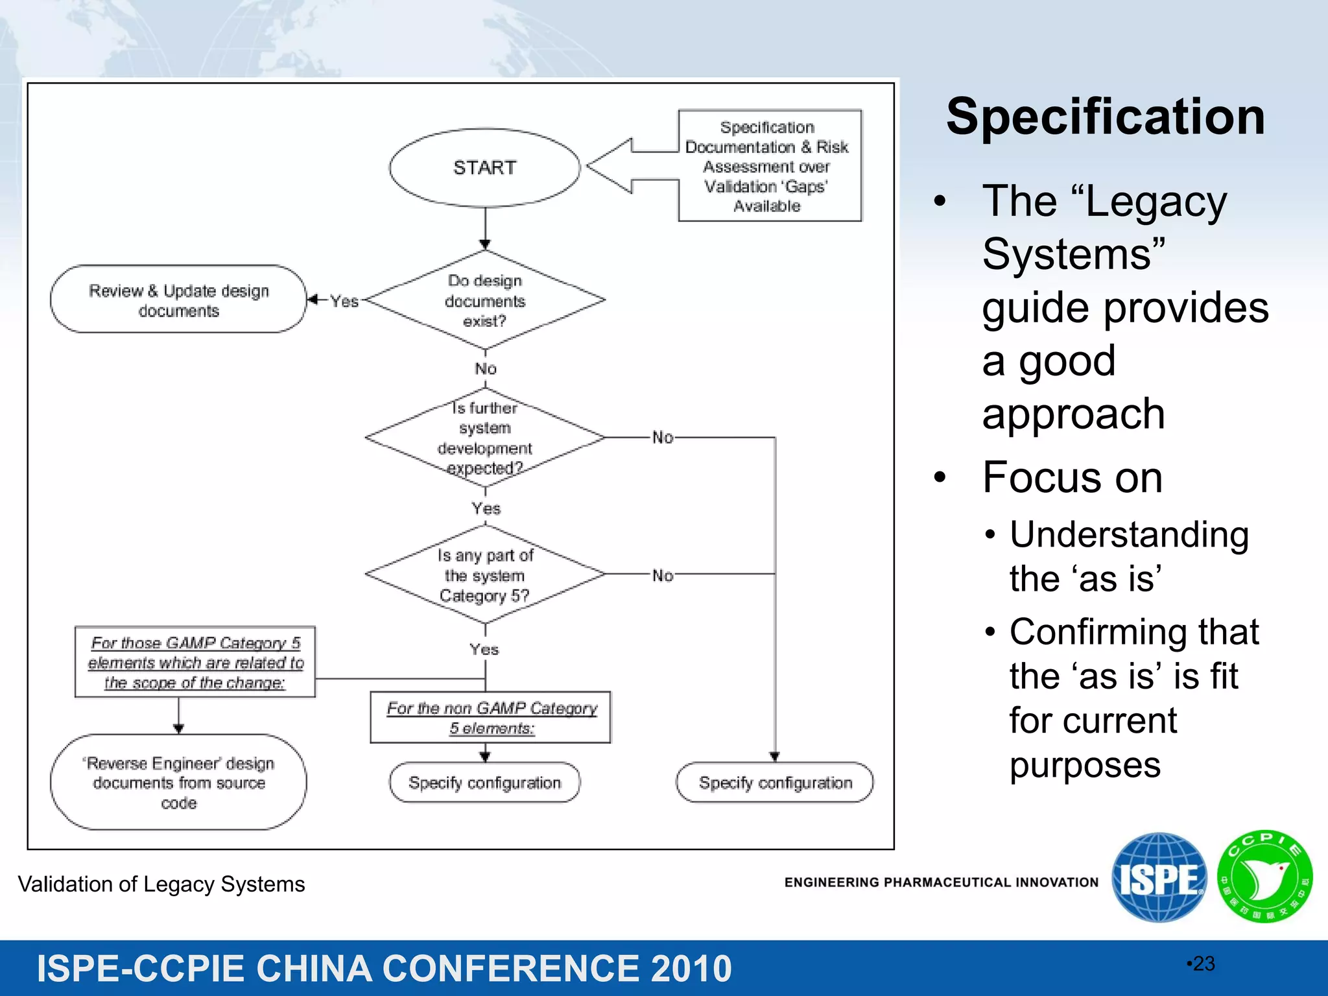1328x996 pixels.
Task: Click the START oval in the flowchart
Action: (x=484, y=168)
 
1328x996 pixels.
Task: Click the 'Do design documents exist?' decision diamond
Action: (x=484, y=300)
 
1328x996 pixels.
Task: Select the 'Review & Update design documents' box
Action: (x=178, y=300)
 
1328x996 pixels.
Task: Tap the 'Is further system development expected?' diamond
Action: (x=484, y=438)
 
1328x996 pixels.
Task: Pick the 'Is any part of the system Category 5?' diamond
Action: (x=484, y=575)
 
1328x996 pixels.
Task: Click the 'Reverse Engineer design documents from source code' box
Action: (x=178, y=782)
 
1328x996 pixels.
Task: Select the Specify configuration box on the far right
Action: (x=775, y=783)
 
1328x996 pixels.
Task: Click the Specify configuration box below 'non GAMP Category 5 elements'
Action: (x=484, y=783)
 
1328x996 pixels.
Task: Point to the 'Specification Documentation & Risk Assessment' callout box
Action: (x=770, y=166)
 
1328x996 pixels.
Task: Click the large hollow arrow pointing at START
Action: (x=622, y=166)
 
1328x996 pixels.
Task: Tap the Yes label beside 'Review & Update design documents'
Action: (x=344, y=301)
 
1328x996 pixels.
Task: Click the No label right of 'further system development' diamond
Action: (x=663, y=438)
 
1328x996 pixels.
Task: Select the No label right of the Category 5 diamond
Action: (x=663, y=575)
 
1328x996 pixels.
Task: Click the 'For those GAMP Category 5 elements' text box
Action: (x=195, y=662)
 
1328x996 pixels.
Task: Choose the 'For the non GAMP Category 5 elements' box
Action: (x=491, y=717)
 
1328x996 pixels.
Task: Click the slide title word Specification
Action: (x=1105, y=117)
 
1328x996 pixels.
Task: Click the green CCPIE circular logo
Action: (x=1264, y=877)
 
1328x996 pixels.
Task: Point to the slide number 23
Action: (x=1203, y=964)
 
